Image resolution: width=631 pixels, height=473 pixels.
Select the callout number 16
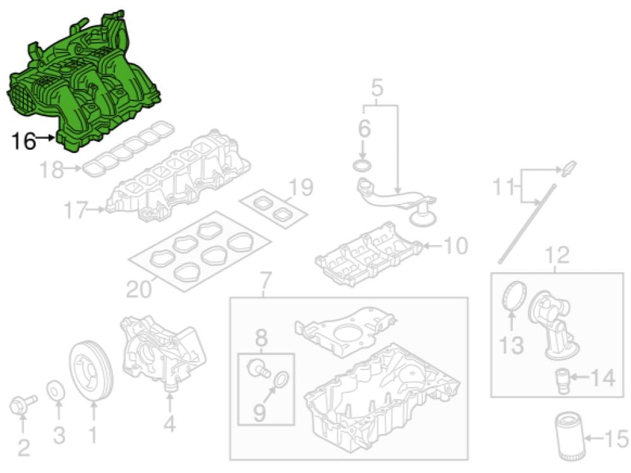[24, 141]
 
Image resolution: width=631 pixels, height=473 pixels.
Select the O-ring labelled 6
[362, 165]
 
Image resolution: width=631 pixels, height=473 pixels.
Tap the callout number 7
[265, 281]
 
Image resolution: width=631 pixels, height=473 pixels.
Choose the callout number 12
[557, 255]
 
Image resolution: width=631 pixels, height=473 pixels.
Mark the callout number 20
[138, 289]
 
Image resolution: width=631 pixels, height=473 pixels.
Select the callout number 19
[301, 187]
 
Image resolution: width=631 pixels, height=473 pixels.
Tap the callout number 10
[455, 246]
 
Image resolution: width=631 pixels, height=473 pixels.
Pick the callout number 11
[504, 187]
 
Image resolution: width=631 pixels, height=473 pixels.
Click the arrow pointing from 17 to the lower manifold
[97, 210]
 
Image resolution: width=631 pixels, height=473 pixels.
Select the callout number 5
[376, 87]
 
